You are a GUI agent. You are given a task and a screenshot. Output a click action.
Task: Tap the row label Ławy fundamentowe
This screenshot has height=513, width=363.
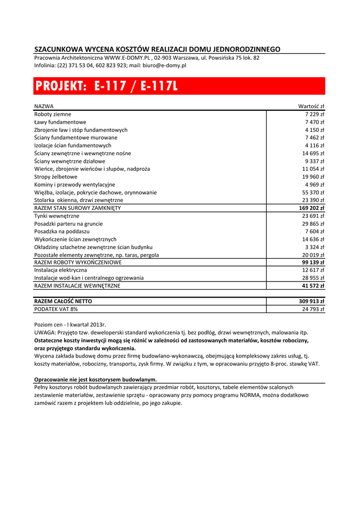pyautogui.click(x=60, y=122)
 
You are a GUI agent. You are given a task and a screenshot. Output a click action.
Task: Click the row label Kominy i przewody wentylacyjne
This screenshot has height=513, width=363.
pyautogui.click(x=75, y=185)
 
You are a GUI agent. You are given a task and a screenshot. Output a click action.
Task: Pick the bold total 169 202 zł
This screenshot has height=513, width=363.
pyautogui.click(x=311, y=208)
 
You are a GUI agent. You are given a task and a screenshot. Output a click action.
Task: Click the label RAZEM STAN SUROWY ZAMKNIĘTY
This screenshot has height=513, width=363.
pyautogui.click(x=77, y=208)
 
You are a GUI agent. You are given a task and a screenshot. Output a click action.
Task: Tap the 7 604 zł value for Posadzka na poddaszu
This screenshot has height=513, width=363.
pyautogui.click(x=314, y=231)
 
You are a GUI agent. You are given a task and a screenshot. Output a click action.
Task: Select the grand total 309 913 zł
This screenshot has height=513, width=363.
pyautogui.click(x=311, y=302)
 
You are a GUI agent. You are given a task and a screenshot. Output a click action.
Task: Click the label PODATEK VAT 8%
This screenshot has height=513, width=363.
pyautogui.click(x=56, y=310)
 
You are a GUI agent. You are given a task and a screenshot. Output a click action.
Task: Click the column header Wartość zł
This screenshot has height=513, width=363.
pyautogui.click(x=311, y=106)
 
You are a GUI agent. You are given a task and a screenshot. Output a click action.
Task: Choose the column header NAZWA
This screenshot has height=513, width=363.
pyautogui.click(x=44, y=106)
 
